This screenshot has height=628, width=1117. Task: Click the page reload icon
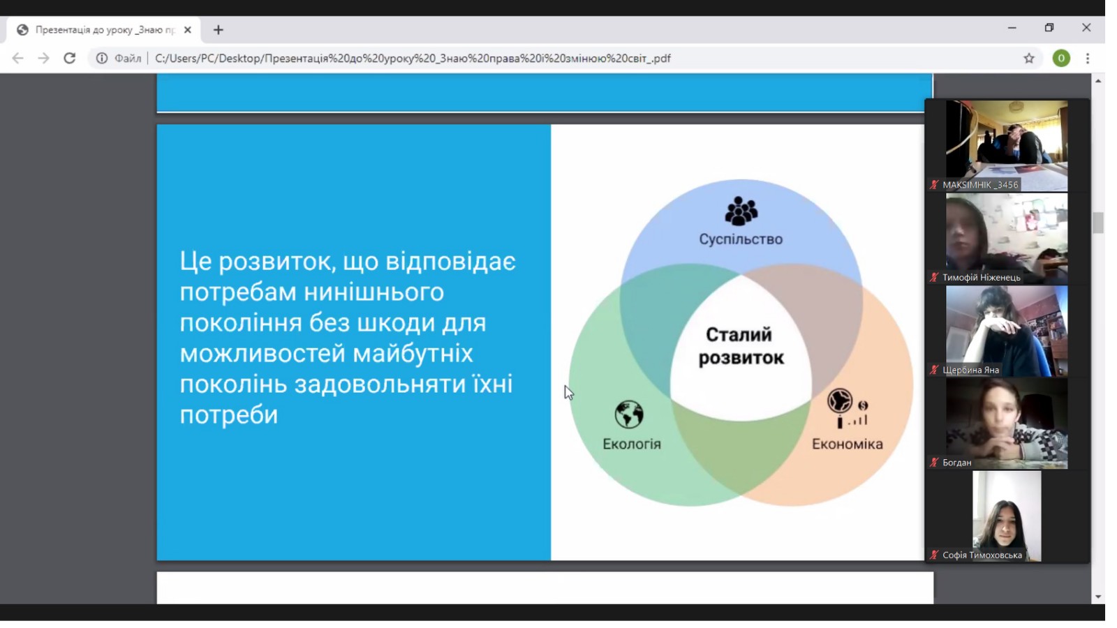[x=70, y=59]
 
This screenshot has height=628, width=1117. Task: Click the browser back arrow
[x=18, y=59]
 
